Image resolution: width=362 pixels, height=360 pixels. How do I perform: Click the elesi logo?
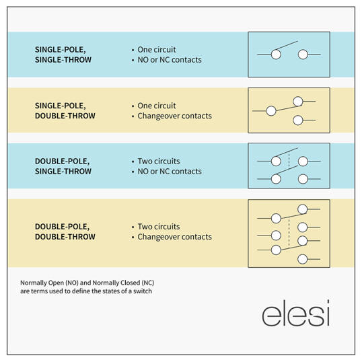[x=296, y=313]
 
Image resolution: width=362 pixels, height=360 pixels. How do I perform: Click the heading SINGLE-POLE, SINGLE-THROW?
[x=63, y=55]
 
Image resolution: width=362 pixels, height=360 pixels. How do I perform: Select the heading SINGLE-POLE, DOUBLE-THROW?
[x=65, y=110]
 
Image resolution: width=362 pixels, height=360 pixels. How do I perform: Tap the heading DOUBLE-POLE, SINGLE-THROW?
[x=63, y=166]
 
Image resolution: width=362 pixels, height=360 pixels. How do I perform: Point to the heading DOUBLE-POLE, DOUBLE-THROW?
[x=65, y=231]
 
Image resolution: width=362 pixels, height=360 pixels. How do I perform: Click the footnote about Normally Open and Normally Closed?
[x=87, y=287]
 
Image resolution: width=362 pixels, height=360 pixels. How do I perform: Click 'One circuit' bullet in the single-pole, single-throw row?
[x=157, y=49]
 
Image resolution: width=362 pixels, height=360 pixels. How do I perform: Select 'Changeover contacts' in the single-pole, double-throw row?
[x=174, y=116]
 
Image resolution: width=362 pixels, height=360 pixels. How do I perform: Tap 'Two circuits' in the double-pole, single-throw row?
[x=159, y=161]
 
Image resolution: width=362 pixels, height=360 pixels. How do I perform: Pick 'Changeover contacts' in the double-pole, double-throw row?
[x=174, y=237]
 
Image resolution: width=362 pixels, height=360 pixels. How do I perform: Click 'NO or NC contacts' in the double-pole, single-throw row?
[x=170, y=172]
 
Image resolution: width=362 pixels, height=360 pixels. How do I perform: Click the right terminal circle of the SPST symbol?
[x=303, y=55]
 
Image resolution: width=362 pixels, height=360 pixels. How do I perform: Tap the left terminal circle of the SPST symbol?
[x=276, y=55]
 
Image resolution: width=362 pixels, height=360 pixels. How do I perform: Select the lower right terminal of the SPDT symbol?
[x=298, y=120]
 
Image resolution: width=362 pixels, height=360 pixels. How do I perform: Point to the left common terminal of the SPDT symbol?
[x=271, y=111]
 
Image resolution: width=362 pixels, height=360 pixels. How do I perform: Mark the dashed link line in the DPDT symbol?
[x=289, y=233]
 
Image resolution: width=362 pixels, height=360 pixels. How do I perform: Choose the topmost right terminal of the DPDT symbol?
[x=302, y=209]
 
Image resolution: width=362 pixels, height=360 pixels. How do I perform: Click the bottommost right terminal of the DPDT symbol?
[x=302, y=259]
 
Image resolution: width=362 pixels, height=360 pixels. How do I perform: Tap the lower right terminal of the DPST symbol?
[x=303, y=179]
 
